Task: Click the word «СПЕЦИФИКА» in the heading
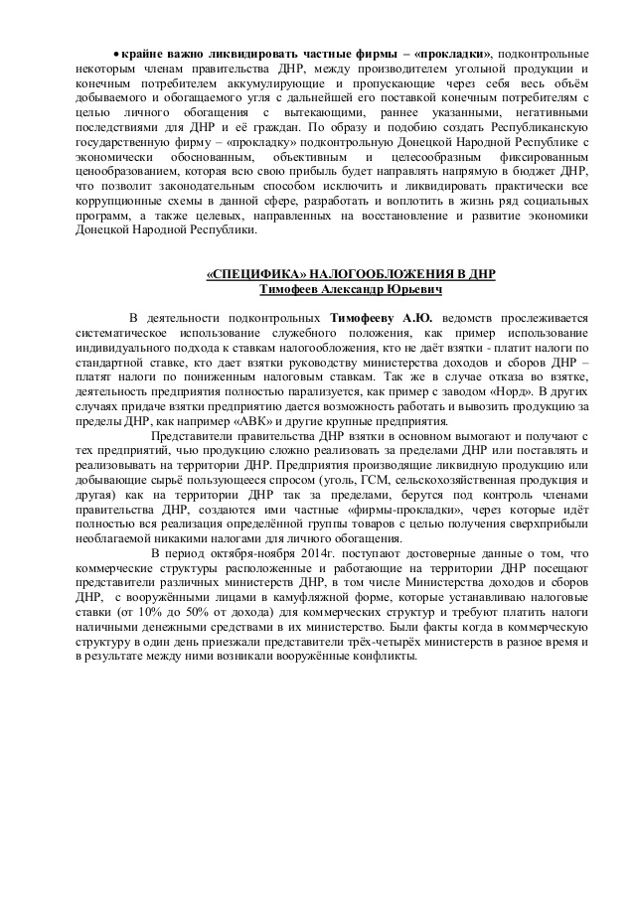pos(243,273)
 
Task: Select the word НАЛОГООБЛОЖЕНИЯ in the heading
pos(370,273)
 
